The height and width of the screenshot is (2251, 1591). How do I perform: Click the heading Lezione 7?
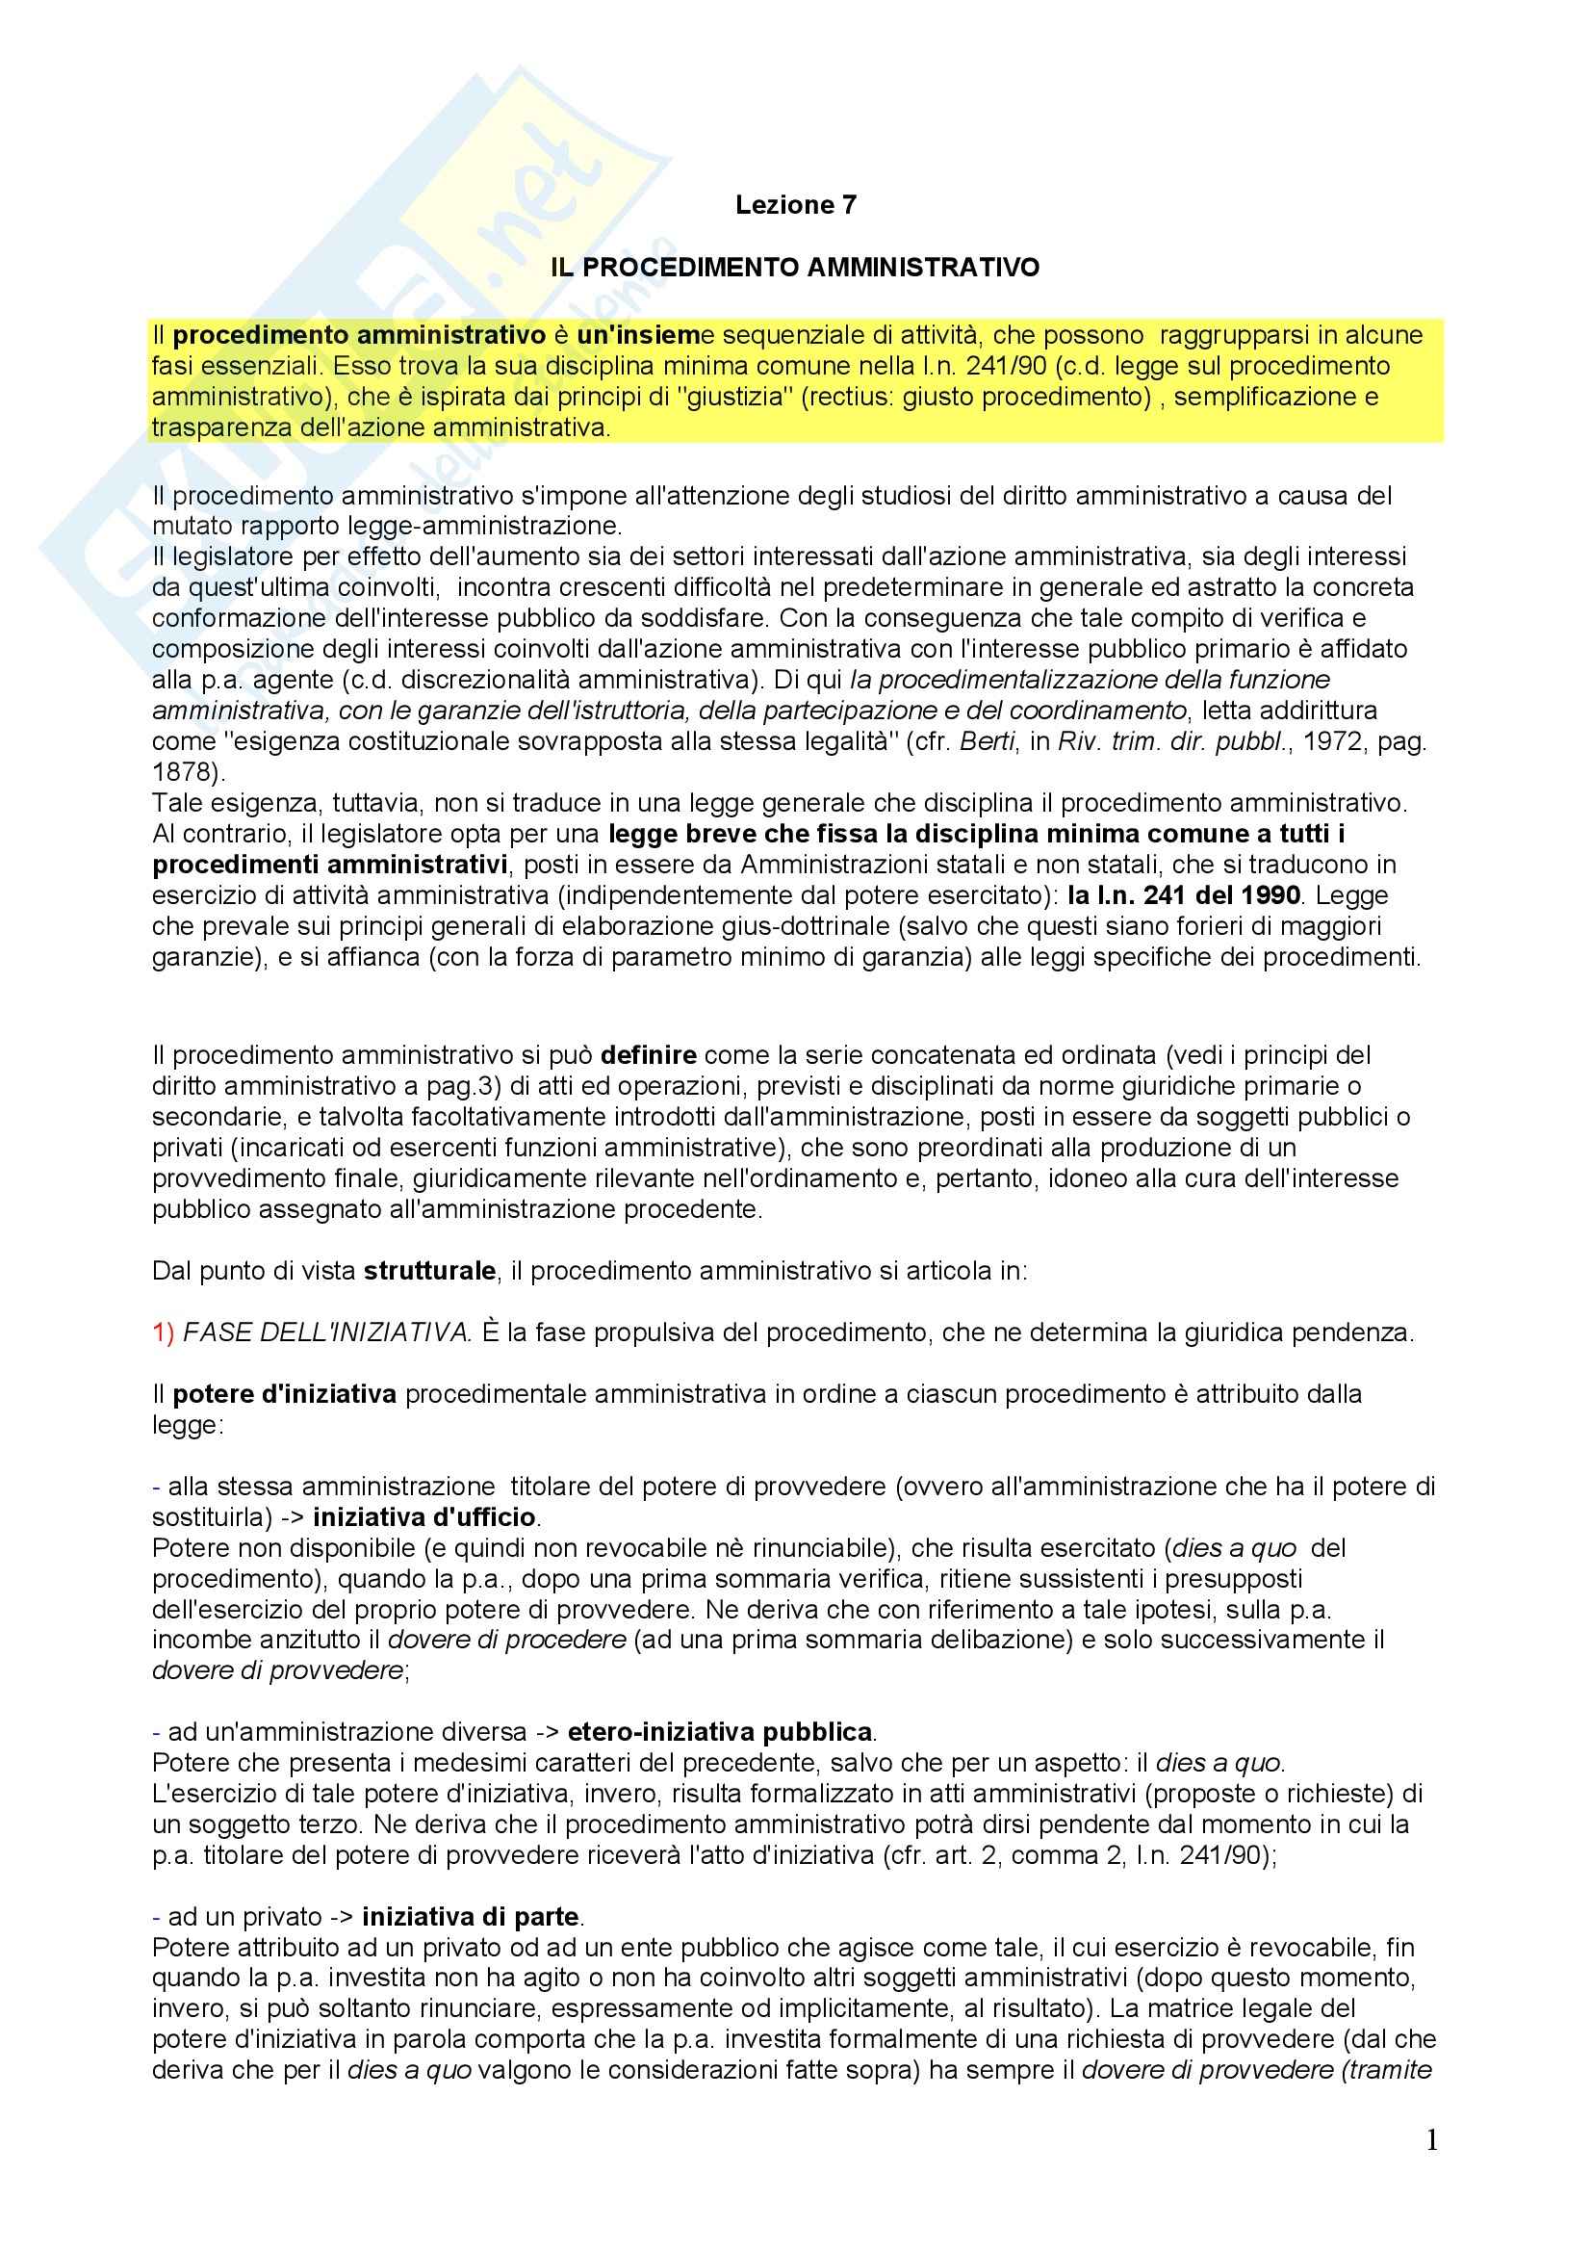coord(795,205)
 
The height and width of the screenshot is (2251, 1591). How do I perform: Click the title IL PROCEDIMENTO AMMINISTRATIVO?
coord(795,267)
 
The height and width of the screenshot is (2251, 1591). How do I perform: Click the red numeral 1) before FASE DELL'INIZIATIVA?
coord(163,1333)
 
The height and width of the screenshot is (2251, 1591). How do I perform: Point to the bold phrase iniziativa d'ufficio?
coord(425,1517)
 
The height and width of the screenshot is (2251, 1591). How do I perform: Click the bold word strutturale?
coord(429,1272)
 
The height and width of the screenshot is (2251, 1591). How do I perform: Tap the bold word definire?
coord(648,1056)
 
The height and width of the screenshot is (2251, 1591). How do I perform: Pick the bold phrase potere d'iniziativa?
coord(284,1394)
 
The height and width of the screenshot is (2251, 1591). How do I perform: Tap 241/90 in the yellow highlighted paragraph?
coord(993,366)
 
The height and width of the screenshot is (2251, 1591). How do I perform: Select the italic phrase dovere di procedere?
coord(507,1641)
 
